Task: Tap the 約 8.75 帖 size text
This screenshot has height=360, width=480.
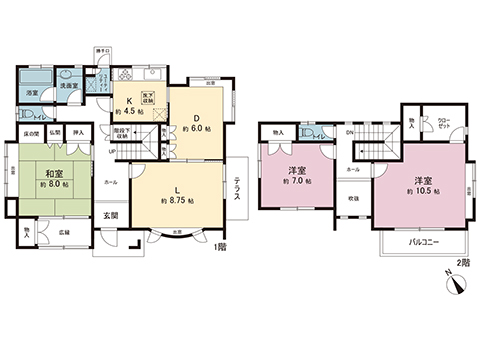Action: pyautogui.click(x=177, y=201)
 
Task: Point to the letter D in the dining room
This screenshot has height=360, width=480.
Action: pyautogui.click(x=195, y=113)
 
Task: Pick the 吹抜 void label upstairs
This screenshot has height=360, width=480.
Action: pyautogui.click(x=353, y=197)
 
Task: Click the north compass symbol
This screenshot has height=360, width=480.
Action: pyautogui.click(x=456, y=286)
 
